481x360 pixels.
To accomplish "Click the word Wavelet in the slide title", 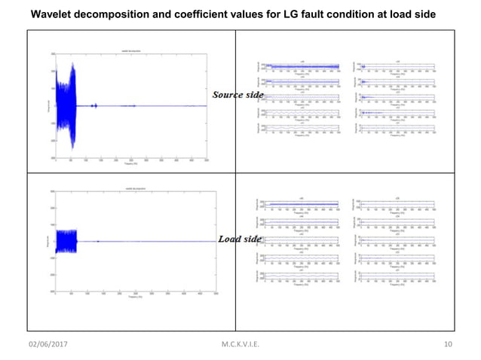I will (x=51, y=14).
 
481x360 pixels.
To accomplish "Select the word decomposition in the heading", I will (x=112, y=14).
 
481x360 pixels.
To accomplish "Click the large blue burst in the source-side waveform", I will (x=72, y=106).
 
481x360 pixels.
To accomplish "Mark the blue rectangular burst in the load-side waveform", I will (x=67, y=242).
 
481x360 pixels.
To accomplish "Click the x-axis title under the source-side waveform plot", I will (x=132, y=163).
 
